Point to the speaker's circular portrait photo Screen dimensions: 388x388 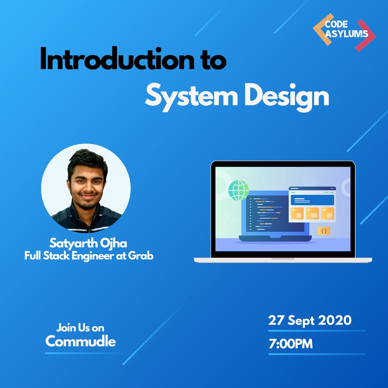click(x=86, y=188)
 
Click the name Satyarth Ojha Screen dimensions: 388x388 click(x=88, y=243)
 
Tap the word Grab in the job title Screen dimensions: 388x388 click(x=141, y=256)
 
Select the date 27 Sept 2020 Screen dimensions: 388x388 click(x=310, y=320)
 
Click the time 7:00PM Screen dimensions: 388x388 click(x=291, y=344)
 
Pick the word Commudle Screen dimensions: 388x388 click(x=81, y=342)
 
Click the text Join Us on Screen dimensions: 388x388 click(x=80, y=328)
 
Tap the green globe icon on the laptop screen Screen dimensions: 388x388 click(x=239, y=190)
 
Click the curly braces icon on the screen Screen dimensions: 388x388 click(x=324, y=231)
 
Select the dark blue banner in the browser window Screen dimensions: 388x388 click(x=312, y=200)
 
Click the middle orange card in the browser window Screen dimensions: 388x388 click(x=312, y=213)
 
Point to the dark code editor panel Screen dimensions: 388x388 click(x=267, y=214)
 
